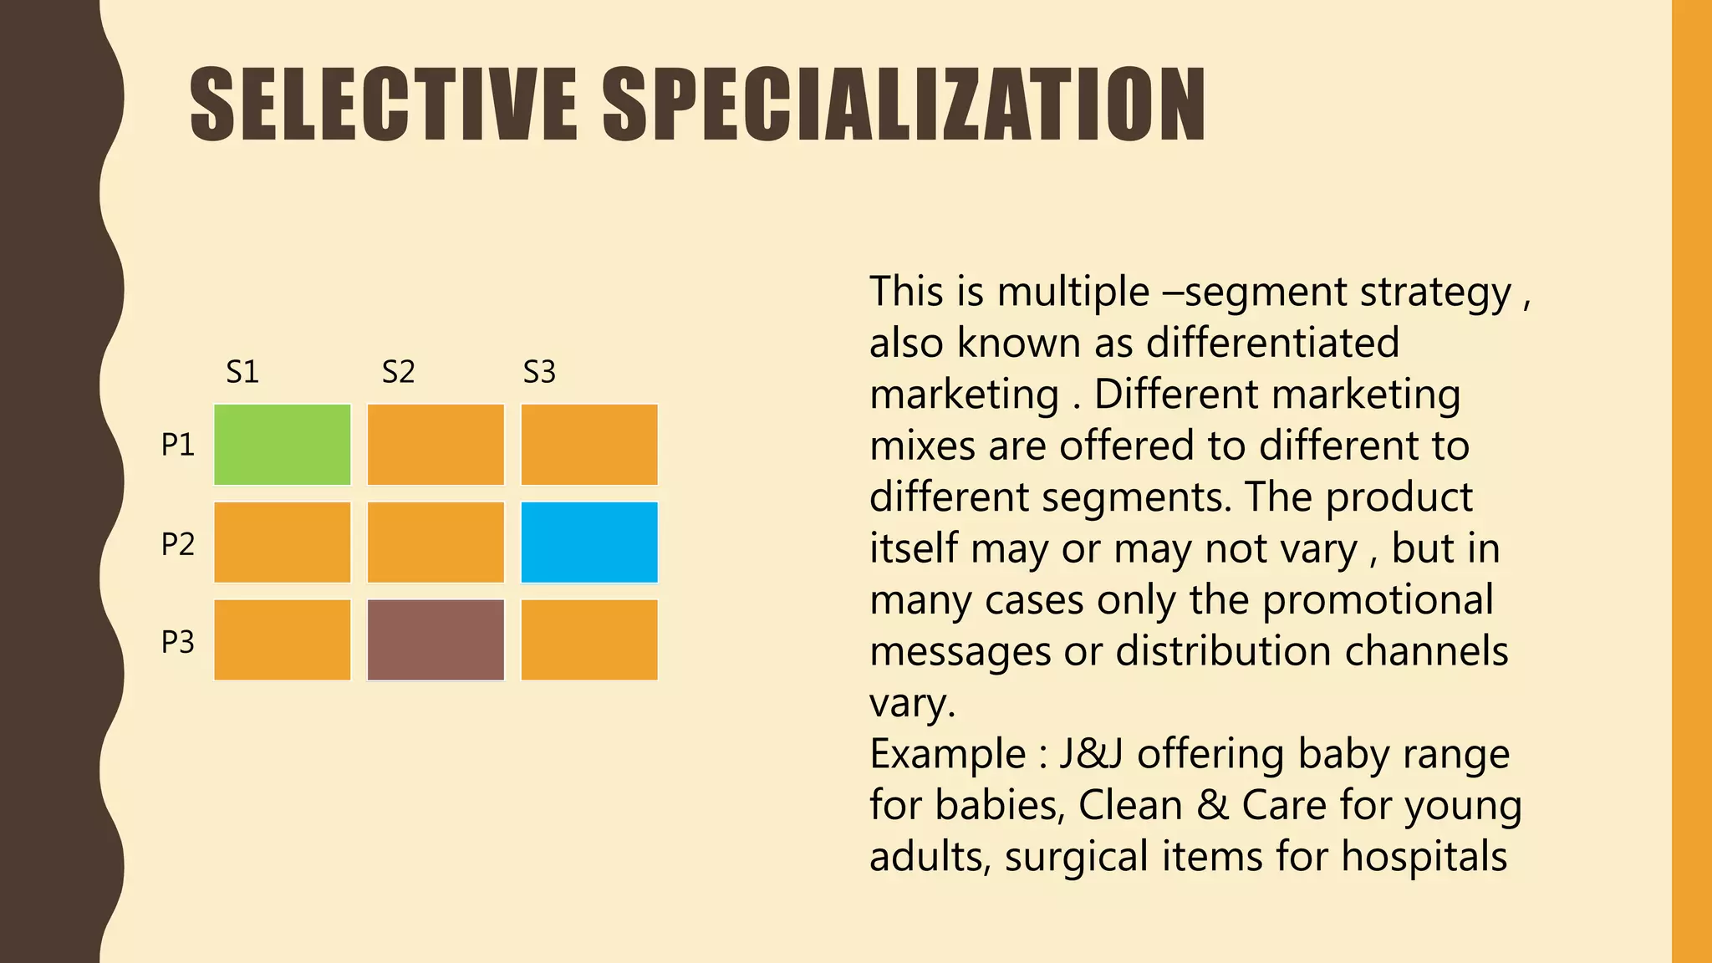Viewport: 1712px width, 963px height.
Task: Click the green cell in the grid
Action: (x=282, y=445)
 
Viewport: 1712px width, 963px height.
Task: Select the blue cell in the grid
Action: (x=589, y=543)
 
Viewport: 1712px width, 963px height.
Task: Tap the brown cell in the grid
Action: (x=436, y=639)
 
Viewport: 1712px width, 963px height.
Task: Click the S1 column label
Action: (x=242, y=372)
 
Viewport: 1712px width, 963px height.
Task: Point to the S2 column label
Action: (x=398, y=372)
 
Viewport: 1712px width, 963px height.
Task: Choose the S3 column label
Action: (x=539, y=372)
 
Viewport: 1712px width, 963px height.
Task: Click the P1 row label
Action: (x=177, y=445)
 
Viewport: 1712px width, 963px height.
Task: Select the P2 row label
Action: (x=177, y=544)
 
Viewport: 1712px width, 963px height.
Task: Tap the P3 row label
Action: (x=177, y=642)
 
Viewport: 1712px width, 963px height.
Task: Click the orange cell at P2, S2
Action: (x=436, y=543)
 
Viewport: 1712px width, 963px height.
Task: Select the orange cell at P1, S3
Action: (x=589, y=445)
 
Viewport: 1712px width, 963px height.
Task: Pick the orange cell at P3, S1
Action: (x=282, y=639)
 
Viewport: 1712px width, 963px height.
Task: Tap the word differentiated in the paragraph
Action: (x=1272, y=343)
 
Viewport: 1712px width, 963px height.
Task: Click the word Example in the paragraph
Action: (x=947, y=754)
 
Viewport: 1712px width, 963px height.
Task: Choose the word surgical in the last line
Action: (x=1077, y=857)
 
